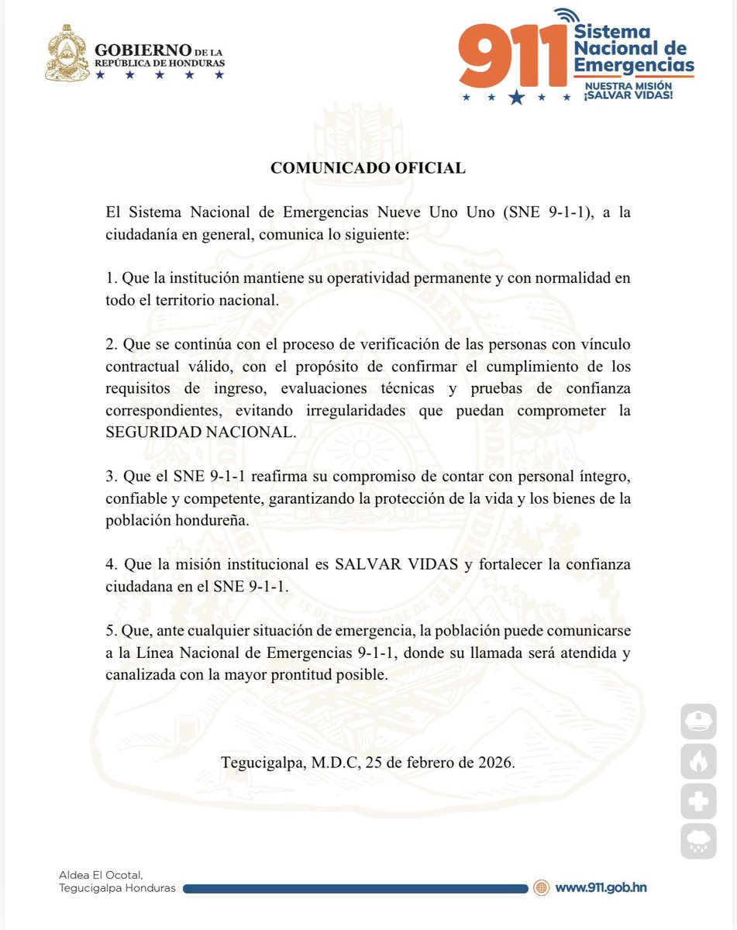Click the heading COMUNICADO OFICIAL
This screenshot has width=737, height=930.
(368, 167)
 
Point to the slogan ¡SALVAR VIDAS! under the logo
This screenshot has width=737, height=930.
(628, 95)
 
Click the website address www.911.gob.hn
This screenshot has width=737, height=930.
(601, 887)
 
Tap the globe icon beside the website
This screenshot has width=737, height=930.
(542, 887)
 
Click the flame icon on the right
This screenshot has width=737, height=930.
(698, 761)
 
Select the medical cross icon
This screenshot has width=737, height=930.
(698, 801)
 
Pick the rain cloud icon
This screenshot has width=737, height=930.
(698, 842)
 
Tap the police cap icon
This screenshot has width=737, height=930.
(698, 721)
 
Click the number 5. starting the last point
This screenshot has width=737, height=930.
(111, 631)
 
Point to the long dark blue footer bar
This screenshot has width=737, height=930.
(356, 888)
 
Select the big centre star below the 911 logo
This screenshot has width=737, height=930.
(517, 97)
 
